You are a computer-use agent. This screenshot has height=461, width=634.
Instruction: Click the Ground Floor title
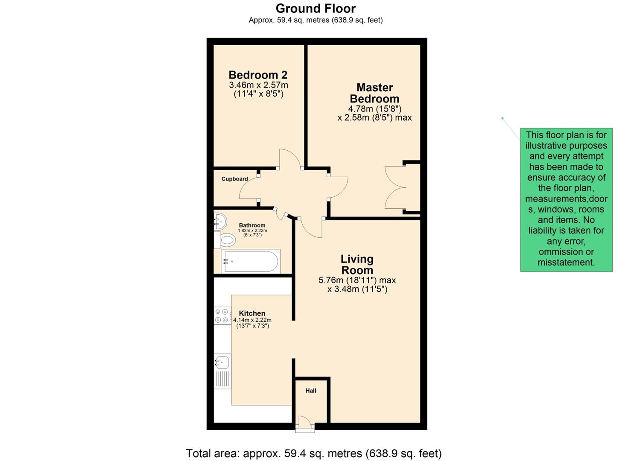pyautogui.click(x=316, y=9)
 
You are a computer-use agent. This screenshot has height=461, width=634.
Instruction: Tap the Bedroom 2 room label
pyautogui.click(x=258, y=75)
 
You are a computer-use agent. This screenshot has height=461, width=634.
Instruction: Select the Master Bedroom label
pyautogui.click(x=374, y=93)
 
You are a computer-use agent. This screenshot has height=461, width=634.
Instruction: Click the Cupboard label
pyautogui.click(x=234, y=179)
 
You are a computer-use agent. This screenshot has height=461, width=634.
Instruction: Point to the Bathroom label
pyautogui.click(x=252, y=225)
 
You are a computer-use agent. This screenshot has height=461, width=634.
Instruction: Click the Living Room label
pyautogui.click(x=357, y=265)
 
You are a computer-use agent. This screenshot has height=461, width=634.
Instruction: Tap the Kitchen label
pyautogui.click(x=252, y=313)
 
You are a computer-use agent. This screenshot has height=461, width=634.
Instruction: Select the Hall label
pyautogui.click(x=311, y=391)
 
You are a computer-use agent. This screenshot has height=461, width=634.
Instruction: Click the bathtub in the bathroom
pyautogui.click(x=251, y=261)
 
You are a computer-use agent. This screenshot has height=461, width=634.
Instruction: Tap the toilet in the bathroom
pyautogui.click(x=227, y=240)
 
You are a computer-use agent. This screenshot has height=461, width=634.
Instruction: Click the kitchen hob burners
pyautogui.click(x=222, y=316)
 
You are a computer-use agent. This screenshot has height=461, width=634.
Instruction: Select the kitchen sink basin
pyautogui.click(x=222, y=362)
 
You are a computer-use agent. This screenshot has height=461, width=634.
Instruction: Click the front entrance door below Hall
pyautogui.click(x=305, y=424)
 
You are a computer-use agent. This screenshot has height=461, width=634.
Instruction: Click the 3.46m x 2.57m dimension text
pyautogui.click(x=258, y=85)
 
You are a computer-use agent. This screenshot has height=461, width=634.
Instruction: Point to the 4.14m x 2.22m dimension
pyautogui.click(x=252, y=320)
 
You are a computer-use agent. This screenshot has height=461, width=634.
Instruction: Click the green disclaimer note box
pyautogui.click(x=566, y=199)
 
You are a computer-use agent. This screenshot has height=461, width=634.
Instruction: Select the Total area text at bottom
pyautogui.click(x=314, y=453)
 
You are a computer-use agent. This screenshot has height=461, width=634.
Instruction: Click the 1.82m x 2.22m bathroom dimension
pyautogui.click(x=252, y=231)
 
